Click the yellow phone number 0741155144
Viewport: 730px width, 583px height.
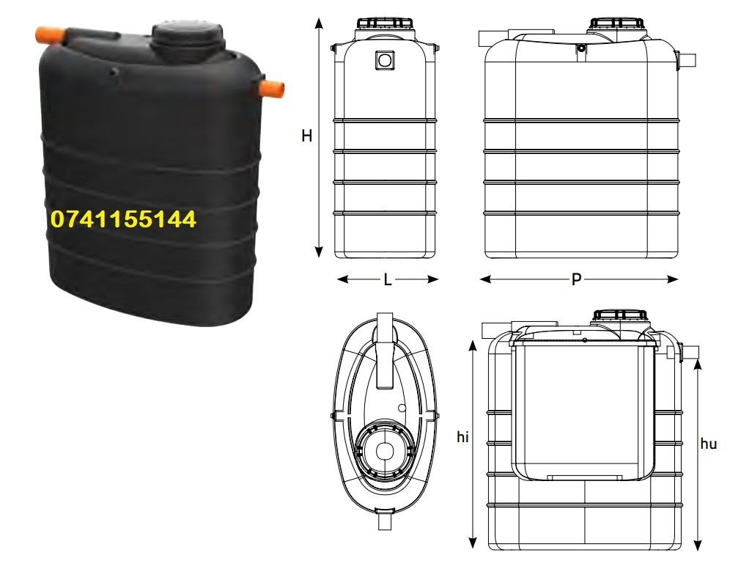tap(123, 219)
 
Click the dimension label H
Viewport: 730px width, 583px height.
tap(307, 136)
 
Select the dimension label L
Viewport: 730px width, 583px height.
tap(388, 280)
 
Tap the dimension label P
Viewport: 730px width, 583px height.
tap(576, 279)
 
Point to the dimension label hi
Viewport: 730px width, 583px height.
tap(462, 437)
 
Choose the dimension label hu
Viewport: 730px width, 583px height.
tap(708, 444)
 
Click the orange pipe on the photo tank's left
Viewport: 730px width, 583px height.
tap(50, 35)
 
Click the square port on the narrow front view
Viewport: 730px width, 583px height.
tap(385, 60)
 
